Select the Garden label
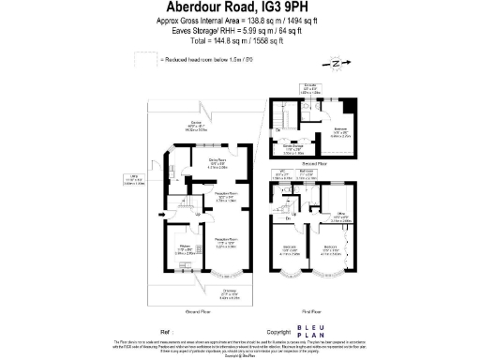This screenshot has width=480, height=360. pos(196,127)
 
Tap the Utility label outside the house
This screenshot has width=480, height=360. pos(134,179)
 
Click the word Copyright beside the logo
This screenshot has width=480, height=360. pos(279,331)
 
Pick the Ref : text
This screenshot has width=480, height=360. pos(166,331)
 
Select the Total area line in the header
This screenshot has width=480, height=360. pos(238,42)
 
